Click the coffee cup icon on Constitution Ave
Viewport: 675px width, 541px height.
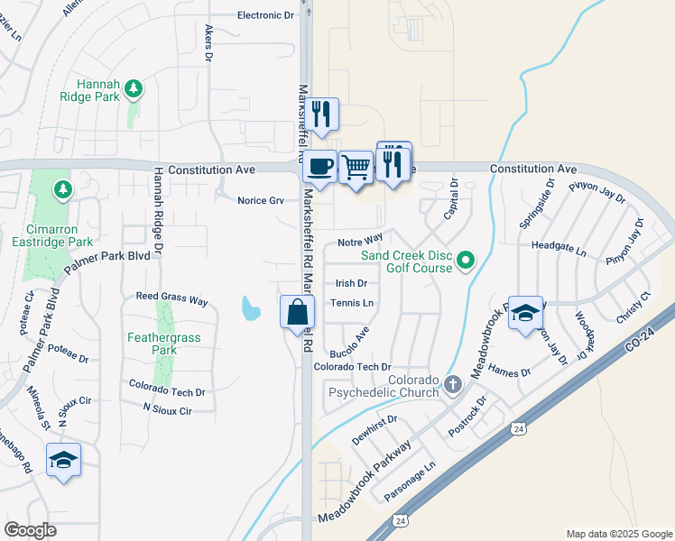pos(320,166)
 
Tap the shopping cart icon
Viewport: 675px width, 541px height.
pos(356,166)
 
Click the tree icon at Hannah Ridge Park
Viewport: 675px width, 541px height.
pos(134,87)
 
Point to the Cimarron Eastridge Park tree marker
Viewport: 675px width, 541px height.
pos(62,189)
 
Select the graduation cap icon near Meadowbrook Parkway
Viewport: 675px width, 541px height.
pos(525,313)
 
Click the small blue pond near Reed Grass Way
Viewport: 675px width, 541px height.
pos(249,310)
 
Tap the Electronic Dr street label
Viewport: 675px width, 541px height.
pos(265,15)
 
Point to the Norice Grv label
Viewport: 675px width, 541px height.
pos(261,200)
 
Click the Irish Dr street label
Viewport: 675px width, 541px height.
pos(351,283)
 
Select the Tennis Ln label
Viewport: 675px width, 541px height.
pos(352,303)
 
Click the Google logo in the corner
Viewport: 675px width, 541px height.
pos(31,530)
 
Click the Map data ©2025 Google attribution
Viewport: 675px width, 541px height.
pos(618,534)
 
